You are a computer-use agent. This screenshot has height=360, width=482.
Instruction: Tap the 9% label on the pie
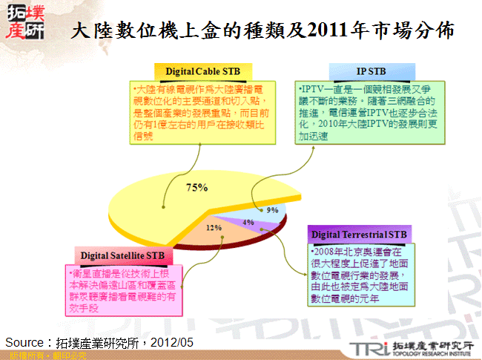(273, 210)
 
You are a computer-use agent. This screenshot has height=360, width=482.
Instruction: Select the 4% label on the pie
(249, 222)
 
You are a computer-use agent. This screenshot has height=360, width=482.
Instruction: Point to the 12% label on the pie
(214, 228)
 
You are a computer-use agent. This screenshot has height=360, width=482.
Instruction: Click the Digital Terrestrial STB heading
(359, 235)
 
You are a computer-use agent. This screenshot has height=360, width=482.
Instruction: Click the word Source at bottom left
(25, 342)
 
